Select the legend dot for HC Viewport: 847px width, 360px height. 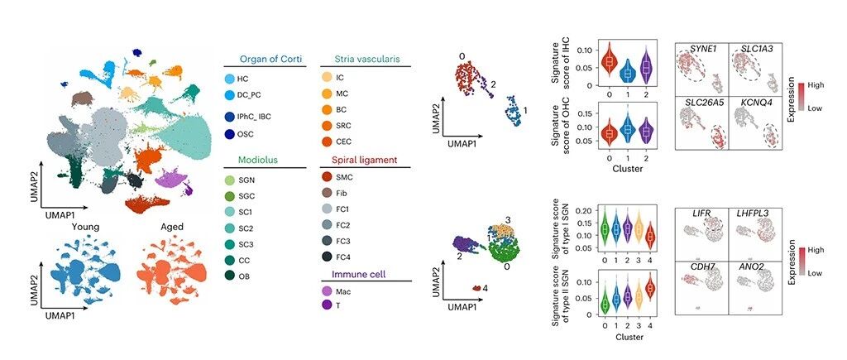pyautogui.click(x=230, y=78)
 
